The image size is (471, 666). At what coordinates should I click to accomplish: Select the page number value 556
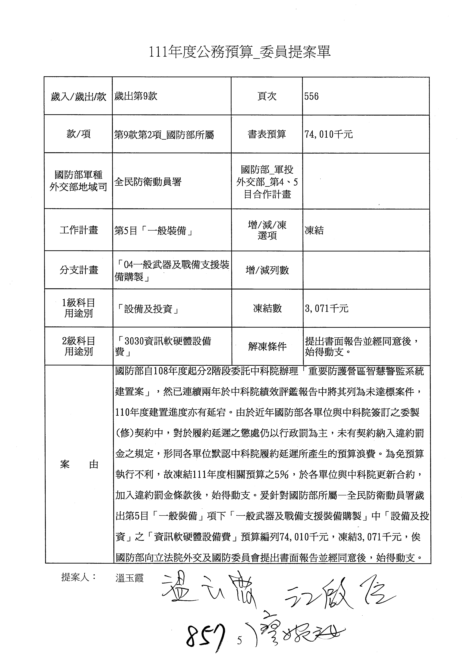(x=311, y=96)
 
